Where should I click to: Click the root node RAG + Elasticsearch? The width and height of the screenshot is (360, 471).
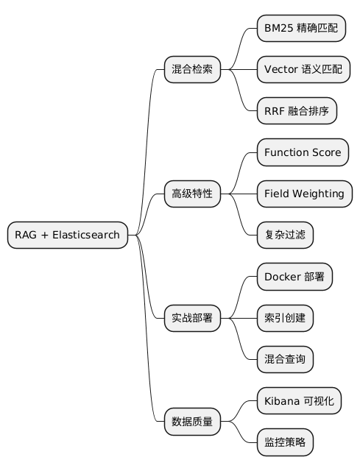(68, 235)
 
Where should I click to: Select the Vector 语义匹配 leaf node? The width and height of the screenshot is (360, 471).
(303, 70)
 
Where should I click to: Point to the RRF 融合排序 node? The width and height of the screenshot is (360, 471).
(297, 111)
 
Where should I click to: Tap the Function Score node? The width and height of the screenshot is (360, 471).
(302, 152)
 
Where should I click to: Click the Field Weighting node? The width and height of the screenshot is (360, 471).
(304, 194)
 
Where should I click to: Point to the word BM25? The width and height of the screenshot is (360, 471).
(278, 29)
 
